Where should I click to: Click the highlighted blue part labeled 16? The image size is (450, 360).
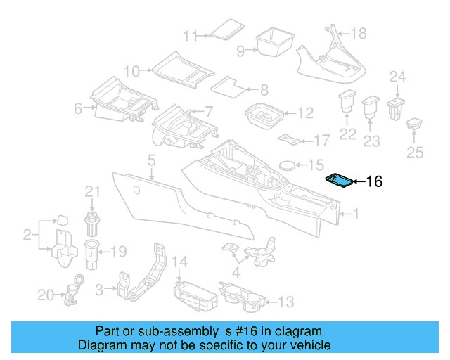pyautogui.click(x=340, y=181)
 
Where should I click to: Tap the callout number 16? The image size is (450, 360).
pyautogui.click(x=374, y=182)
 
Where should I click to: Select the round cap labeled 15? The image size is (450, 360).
pyautogui.click(x=288, y=165)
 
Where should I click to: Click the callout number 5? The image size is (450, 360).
pyautogui.click(x=151, y=162)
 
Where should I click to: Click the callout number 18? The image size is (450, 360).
pyautogui.click(x=358, y=33)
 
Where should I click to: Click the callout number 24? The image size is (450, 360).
pyautogui.click(x=398, y=77)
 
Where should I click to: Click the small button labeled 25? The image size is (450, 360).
pyautogui.click(x=413, y=124)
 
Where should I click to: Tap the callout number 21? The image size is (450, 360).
pyautogui.click(x=94, y=191)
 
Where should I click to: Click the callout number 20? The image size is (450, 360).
pyautogui.click(x=46, y=295)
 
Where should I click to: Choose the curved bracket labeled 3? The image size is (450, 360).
pyautogui.click(x=145, y=274)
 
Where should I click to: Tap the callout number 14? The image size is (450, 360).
pyautogui.click(x=181, y=262)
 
